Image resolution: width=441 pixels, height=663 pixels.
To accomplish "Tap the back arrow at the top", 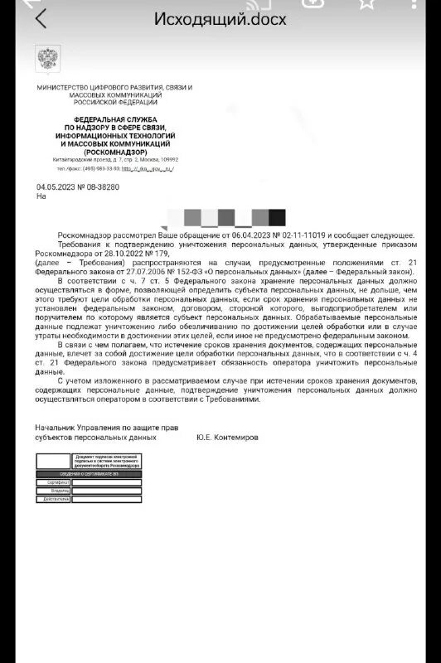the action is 41,18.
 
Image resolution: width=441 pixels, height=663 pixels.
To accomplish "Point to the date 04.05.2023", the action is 55,187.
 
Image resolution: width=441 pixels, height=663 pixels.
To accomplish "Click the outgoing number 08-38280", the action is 103,187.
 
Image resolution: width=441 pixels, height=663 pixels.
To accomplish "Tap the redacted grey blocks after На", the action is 229,217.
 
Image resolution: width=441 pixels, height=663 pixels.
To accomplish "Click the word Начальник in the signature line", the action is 56,427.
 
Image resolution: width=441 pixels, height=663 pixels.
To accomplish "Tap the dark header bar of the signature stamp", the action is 88,472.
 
